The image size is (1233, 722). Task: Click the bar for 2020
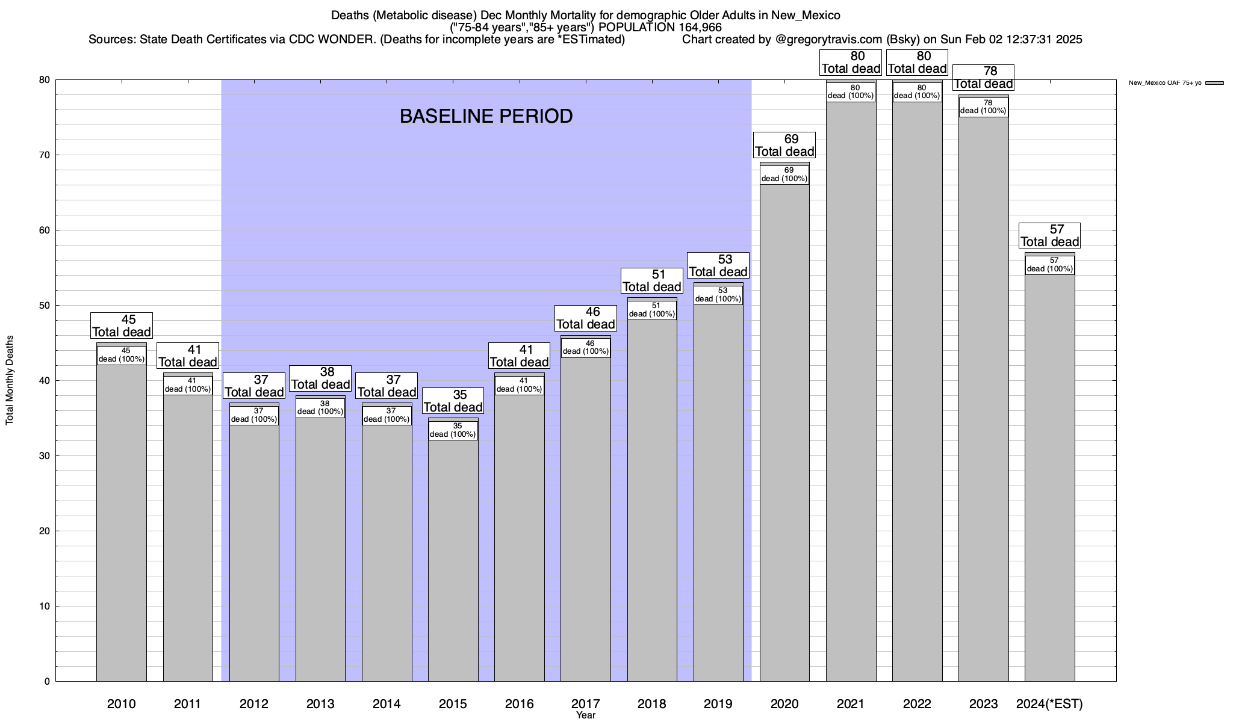click(784, 433)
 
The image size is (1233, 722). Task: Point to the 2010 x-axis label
click(122, 703)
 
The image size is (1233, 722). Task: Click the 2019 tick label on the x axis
click(718, 703)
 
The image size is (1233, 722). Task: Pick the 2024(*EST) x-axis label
click(1049, 703)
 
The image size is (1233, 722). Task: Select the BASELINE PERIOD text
click(486, 116)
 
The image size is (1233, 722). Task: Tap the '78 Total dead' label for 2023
click(983, 78)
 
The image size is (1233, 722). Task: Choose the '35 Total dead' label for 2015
click(453, 401)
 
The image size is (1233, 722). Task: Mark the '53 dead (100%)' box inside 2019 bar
click(718, 295)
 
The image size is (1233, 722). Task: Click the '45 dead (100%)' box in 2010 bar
click(122, 355)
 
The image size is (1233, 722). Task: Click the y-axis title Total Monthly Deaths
click(10, 380)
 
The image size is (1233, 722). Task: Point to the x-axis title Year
click(585, 715)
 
